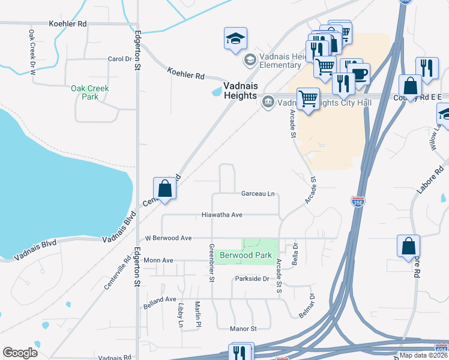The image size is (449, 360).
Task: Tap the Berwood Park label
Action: tap(246, 255)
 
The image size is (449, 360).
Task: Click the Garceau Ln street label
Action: tap(258, 194)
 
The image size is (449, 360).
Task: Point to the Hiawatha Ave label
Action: tap(221, 214)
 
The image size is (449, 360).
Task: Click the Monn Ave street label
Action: tap(158, 260)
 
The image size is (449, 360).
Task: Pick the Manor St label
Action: tap(243, 329)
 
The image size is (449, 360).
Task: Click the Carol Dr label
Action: tap(119, 59)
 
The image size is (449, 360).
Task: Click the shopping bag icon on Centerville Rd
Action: tap(164, 189)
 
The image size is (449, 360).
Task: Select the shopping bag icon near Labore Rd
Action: tap(408, 246)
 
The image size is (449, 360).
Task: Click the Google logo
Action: tap(20, 352)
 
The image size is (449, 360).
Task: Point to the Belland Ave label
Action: tap(160, 299)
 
